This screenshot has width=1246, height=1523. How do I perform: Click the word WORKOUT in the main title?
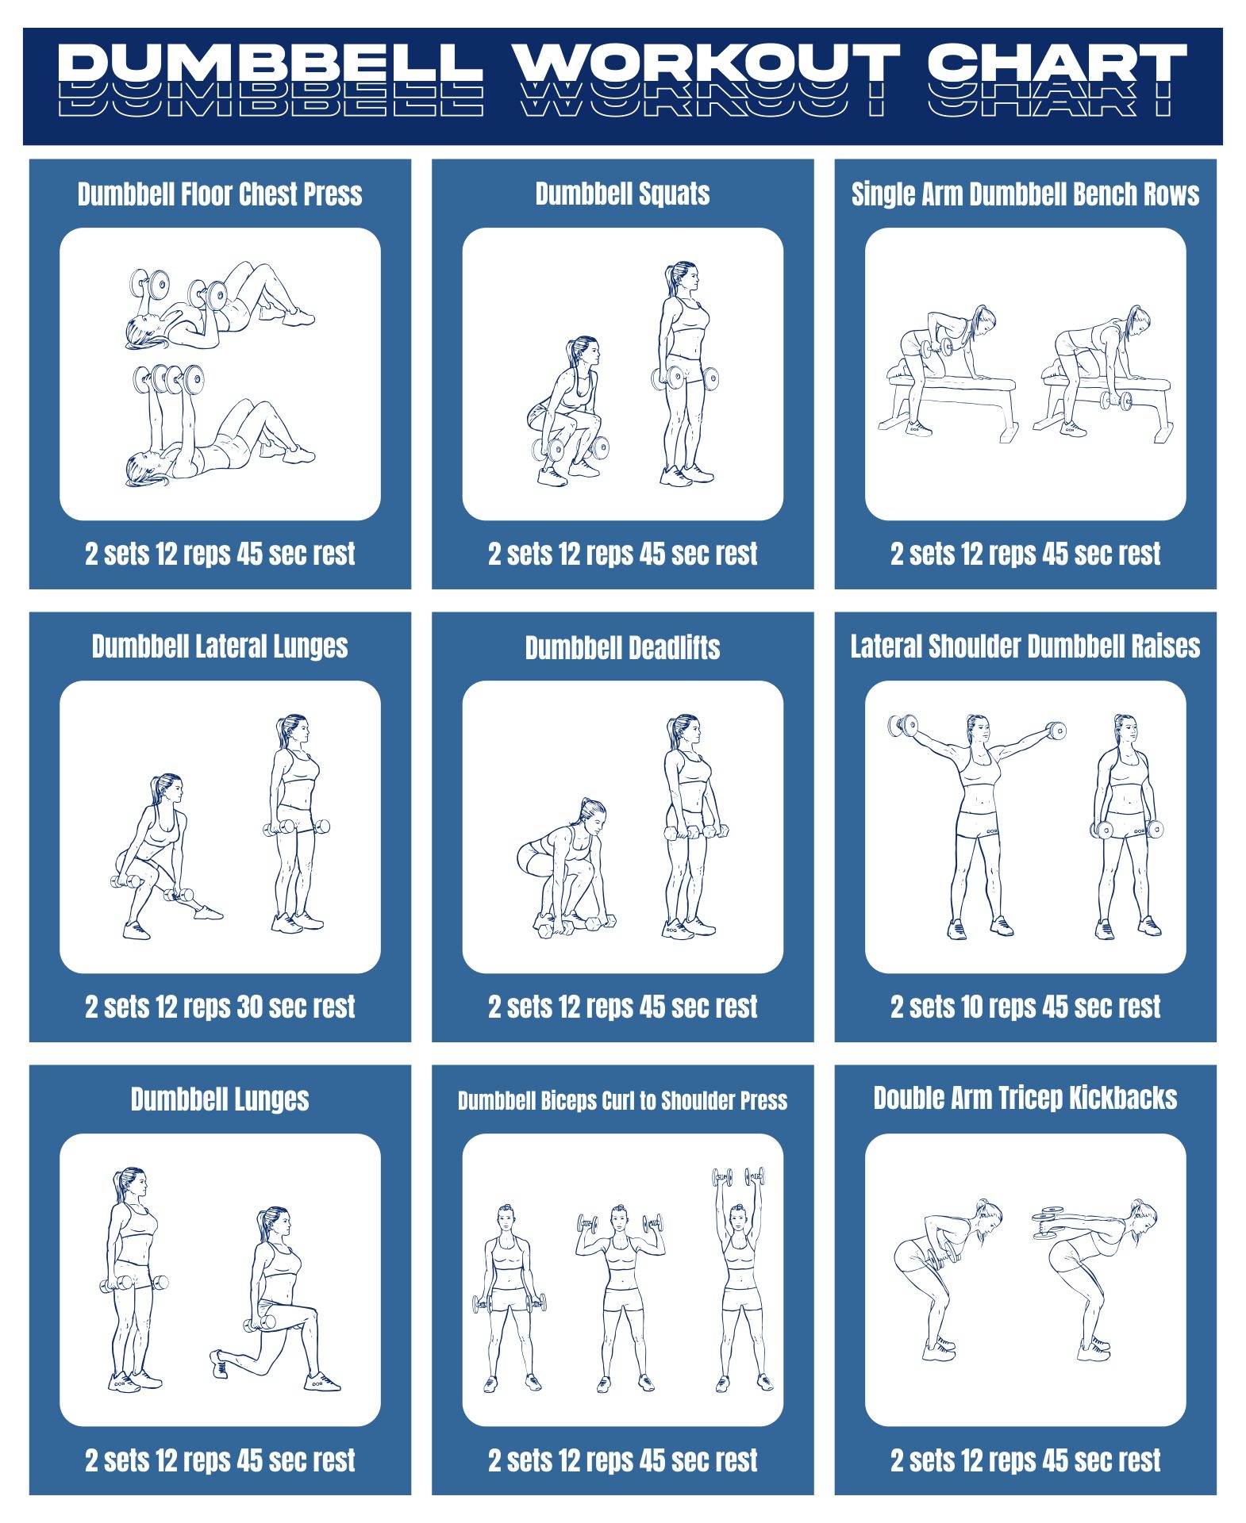point(706,63)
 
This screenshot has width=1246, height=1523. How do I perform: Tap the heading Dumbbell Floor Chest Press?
point(220,194)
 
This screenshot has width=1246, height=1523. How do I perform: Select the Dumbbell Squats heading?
point(622,194)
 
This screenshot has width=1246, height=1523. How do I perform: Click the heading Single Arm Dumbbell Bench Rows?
point(1025,194)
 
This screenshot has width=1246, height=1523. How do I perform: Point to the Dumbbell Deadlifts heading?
point(622,647)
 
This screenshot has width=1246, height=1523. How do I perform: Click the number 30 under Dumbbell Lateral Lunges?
point(249,1007)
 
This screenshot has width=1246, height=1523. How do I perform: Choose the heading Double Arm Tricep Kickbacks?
point(1025,1098)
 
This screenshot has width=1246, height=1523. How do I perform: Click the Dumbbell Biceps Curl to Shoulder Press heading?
point(622,1100)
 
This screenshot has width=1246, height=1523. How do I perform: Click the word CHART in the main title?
point(1056,63)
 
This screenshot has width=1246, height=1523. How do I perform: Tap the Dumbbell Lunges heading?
point(220,1099)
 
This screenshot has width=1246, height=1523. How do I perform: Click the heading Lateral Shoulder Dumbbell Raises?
point(1025,646)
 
